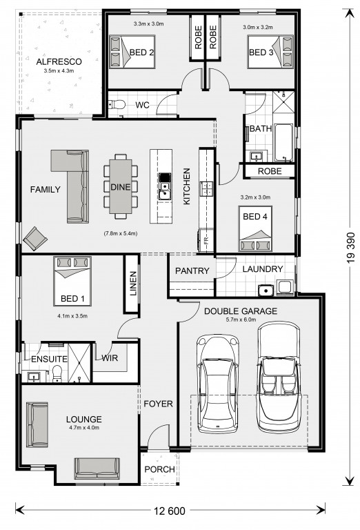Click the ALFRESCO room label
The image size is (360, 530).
[59, 62]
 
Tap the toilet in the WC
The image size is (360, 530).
[117, 104]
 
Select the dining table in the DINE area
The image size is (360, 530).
[121, 186]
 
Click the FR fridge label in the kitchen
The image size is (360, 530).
[206, 241]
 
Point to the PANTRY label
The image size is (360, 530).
[192, 271]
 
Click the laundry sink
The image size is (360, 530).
[266, 290]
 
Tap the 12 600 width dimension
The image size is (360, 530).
[170, 511]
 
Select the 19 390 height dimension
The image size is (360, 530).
[351, 248]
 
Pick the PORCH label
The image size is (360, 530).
[159, 469]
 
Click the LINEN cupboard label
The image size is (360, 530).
[133, 283]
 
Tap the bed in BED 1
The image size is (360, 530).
[72, 282]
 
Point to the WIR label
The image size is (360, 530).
[110, 358]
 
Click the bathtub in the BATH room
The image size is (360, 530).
[283, 143]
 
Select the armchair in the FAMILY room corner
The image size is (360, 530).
[35, 239]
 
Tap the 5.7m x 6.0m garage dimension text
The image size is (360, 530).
[241, 320]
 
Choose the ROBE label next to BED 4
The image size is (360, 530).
[270, 171]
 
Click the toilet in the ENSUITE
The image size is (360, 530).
[58, 373]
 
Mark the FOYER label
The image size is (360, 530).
[158, 404]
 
